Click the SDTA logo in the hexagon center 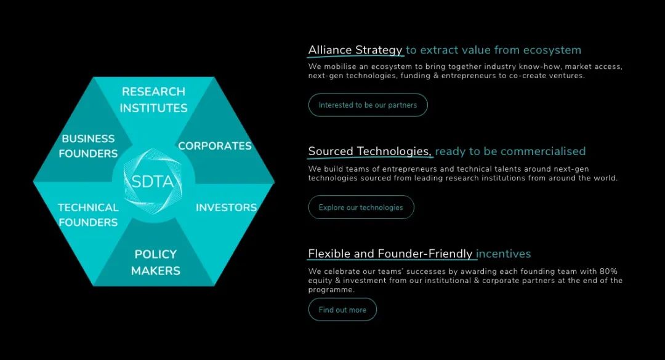[x=153, y=182]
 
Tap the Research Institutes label [x=153, y=100]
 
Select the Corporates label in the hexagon [x=215, y=146]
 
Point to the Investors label [x=227, y=207]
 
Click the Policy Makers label [x=156, y=263]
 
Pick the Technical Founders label [x=88, y=215]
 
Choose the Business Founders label [x=88, y=146]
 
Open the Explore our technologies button [x=361, y=207]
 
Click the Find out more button [x=342, y=310]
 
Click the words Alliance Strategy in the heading [x=355, y=50]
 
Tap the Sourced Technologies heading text [x=370, y=151]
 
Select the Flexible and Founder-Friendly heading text [x=390, y=254]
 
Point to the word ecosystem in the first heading [x=552, y=50]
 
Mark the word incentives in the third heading [x=504, y=254]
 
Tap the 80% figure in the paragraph [x=608, y=271]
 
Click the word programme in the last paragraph [x=331, y=290]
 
